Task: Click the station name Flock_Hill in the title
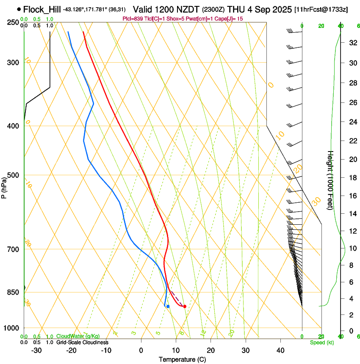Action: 42,9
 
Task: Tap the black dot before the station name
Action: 19,9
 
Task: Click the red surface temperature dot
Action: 185,306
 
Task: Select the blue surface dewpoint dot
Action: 168,306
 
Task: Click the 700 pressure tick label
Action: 13,249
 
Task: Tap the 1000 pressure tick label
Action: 11,328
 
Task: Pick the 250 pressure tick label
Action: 13,22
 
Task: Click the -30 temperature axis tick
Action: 36,350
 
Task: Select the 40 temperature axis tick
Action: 280,350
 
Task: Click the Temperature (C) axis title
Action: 182,359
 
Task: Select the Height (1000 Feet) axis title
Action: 331,180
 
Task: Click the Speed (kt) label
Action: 321,342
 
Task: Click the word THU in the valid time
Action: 236,9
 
